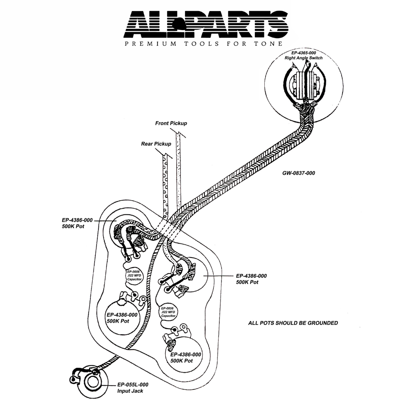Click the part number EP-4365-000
pyautogui.click(x=304, y=53)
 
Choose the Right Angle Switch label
pyautogui.click(x=304, y=58)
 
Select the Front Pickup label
pyautogui.click(x=171, y=123)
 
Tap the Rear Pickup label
pyautogui.click(x=156, y=144)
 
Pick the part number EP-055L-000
pyautogui.click(x=132, y=385)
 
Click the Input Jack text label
pyautogui.click(x=130, y=391)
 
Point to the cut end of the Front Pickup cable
pyautogui.click(x=180, y=135)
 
